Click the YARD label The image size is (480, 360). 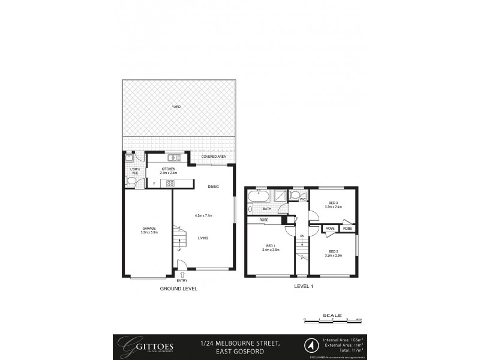[x=176, y=107]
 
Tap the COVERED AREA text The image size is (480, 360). [x=213, y=157]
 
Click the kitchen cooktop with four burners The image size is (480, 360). [x=170, y=184]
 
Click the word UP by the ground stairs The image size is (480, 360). [x=179, y=249]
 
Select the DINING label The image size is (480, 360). [x=213, y=187]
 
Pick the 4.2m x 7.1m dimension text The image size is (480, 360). [x=204, y=215]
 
